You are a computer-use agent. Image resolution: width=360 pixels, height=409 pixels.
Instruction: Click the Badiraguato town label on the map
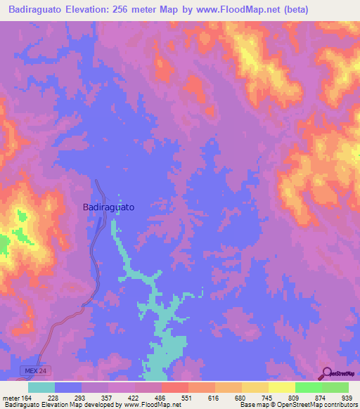tap(108, 208)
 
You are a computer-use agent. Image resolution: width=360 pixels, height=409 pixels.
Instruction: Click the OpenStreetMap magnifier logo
tap(326, 373)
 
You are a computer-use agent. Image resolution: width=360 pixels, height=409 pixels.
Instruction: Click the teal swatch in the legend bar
tap(41, 387)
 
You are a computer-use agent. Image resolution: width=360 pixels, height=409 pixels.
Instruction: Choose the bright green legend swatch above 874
tap(308, 387)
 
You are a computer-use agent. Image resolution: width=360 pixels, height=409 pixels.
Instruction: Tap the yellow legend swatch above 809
tap(281, 387)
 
